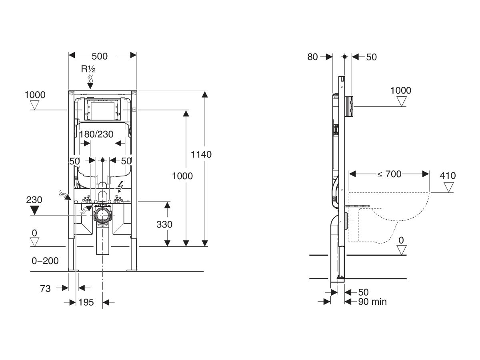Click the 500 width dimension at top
[99, 56]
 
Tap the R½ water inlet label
[88, 69]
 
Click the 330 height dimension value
[164, 224]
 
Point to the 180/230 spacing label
[96, 134]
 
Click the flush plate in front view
[103, 110]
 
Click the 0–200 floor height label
[45, 261]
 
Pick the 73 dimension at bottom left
[45, 288]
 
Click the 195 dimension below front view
[86, 302]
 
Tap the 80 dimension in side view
[312, 57]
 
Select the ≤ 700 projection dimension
[389, 174]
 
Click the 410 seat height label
[448, 176]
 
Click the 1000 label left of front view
[35, 95]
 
